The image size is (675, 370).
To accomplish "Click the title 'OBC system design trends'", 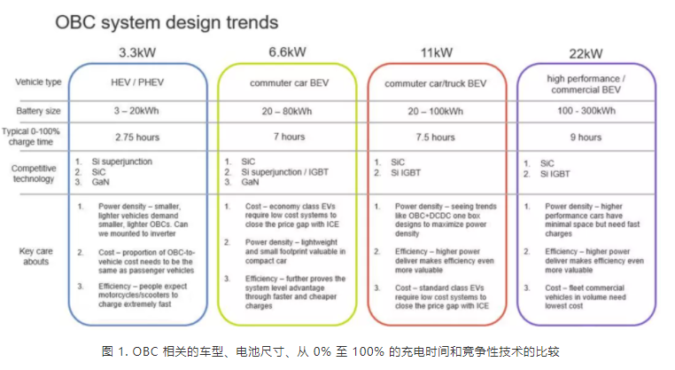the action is coord(167,22).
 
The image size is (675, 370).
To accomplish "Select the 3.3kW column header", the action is coord(137,52).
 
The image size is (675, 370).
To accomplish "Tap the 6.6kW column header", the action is coord(287,52).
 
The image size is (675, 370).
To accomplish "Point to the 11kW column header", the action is coord(437,52).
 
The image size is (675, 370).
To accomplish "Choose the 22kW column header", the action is coord(586,54).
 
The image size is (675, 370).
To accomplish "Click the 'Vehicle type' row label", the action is coord(38,82).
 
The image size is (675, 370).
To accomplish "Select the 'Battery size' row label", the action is coord(38,111).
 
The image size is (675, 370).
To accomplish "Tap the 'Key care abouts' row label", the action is coord(35,256).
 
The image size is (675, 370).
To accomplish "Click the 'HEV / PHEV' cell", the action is coord(137,83).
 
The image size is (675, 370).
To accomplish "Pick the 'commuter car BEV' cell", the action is coord(290,83).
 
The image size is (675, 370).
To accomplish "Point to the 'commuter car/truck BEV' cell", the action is coord(435,83).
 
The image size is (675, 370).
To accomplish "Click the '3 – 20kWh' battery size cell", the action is coord(136,111).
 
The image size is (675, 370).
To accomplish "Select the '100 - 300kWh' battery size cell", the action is coord(586,111).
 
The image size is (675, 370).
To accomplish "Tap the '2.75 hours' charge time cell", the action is coord(137,138).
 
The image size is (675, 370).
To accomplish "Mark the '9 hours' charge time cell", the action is coord(586,138).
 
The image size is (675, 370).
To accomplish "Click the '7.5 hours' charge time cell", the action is coord(435,138).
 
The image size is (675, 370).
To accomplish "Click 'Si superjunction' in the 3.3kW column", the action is coord(122,161).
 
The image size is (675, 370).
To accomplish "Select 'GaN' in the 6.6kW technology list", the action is coord(250,182).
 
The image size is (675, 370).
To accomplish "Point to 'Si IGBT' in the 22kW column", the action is coord(555,174).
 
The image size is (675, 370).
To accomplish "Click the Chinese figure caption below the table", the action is coord(330,351).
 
